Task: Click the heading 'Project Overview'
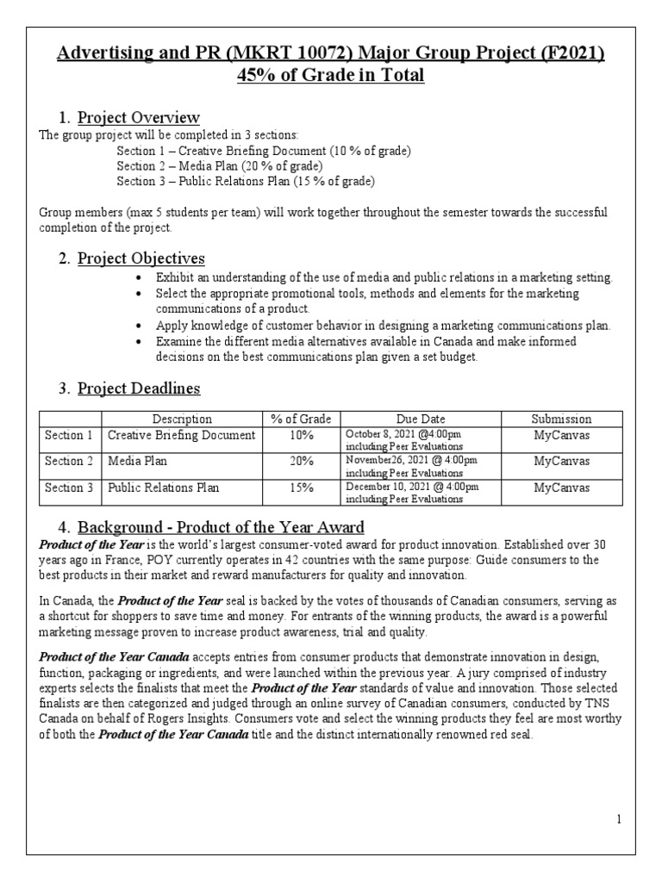(x=138, y=117)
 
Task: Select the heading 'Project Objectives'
(x=141, y=258)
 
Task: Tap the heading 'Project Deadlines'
(x=139, y=388)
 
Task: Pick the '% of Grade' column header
(x=301, y=419)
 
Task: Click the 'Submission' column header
(x=561, y=419)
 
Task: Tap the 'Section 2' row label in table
(x=70, y=462)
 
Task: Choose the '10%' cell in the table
(x=301, y=436)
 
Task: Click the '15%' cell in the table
(x=301, y=488)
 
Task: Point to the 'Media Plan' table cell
(x=136, y=462)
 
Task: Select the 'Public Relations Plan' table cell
(x=163, y=488)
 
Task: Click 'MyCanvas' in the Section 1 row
(x=561, y=436)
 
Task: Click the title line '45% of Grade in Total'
(x=331, y=76)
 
